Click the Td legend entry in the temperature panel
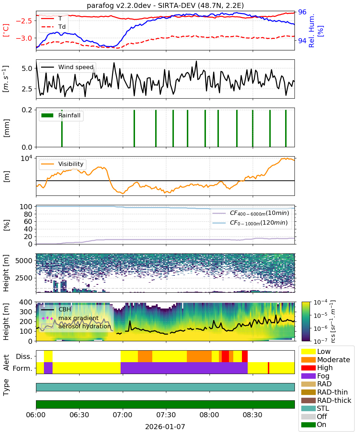[x=53, y=27]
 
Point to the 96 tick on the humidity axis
[x=302, y=12]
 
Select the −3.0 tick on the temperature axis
[x=24, y=38]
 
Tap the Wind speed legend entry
[x=67, y=67]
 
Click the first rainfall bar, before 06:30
[x=62, y=128]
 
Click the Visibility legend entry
[x=62, y=164]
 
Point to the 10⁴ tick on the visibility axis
[x=27, y=158]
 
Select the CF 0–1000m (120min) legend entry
[x=250, y=223]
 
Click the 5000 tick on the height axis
[x=24, y=261]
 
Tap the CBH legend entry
[x=56, y=309]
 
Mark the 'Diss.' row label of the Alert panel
[x=24, y=356]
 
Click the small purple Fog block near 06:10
[x=48, y=368]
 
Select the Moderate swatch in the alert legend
[x=308, y=360]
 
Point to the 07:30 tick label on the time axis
[x=166, y=415]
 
